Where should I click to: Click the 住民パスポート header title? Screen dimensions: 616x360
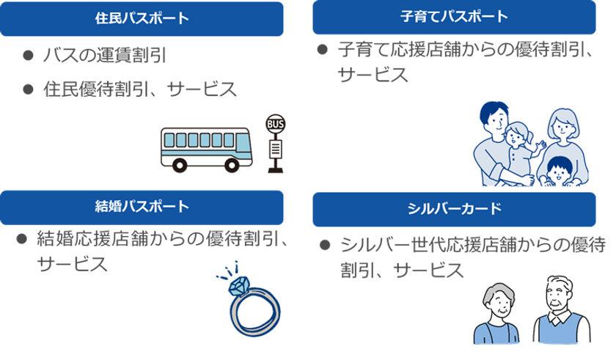[142, 18]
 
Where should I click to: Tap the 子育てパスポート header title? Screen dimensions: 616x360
[454, 16]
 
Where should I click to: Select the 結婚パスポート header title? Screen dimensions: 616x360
[142, 207]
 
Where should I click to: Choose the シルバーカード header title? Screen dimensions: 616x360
[454, 208]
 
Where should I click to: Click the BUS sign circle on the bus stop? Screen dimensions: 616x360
[276, 124]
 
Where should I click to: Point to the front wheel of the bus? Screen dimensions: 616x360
[232, 165]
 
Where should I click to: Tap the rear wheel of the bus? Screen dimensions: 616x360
[180, 165]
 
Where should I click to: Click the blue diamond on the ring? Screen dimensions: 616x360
[239, 286]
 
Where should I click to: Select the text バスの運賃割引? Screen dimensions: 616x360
[104, 55]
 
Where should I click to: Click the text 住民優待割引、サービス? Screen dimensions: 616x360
[140, 89]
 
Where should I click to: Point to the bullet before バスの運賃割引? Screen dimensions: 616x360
[28, 55]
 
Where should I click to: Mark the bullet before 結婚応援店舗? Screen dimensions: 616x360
[21, 238]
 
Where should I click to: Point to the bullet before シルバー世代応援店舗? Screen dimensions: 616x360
[325, 245]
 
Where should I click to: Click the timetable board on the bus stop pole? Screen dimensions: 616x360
[276, 148]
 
